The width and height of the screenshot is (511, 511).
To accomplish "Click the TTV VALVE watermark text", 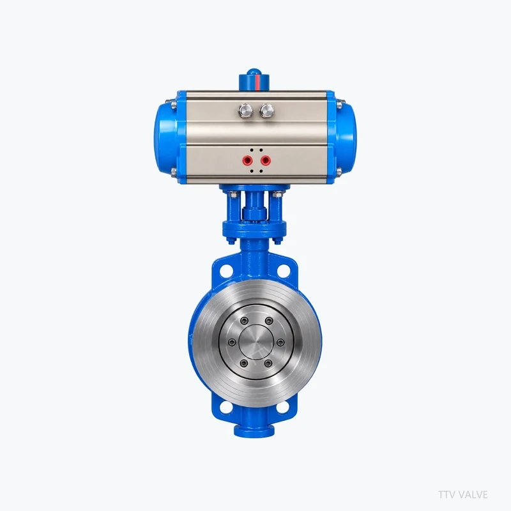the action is [x=462, y=494].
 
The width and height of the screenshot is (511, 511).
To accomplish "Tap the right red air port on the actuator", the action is [x=266, y=160].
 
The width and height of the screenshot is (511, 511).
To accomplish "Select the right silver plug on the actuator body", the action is [x=266, y=111].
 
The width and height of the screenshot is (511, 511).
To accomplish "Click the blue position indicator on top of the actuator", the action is [x=255, y=79].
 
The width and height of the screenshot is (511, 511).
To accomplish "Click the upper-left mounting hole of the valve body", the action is [x=225, y=270].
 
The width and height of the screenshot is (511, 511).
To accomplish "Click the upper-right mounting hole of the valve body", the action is [x=284, y=270].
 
